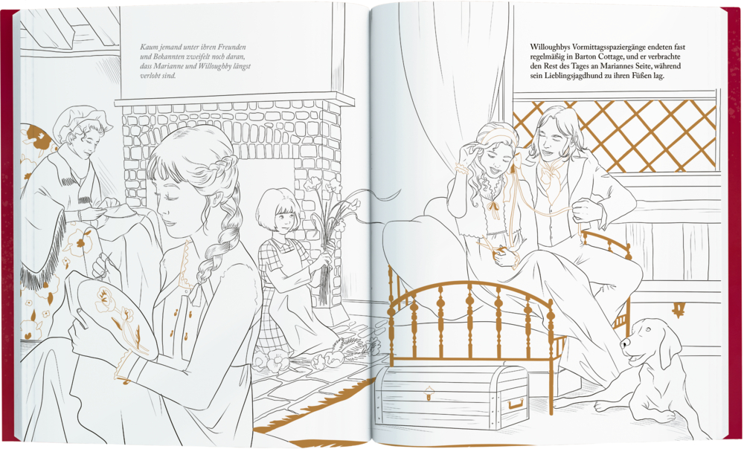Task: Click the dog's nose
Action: tap(623, 343)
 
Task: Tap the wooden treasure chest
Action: tap(452, 396)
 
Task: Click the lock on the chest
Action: tap(429, 393)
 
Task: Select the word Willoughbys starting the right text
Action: tap(550, 47)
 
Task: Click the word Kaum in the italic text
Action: tap(147, 47)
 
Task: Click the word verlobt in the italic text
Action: tap(150, 75)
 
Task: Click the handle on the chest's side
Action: tap(516, 404)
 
